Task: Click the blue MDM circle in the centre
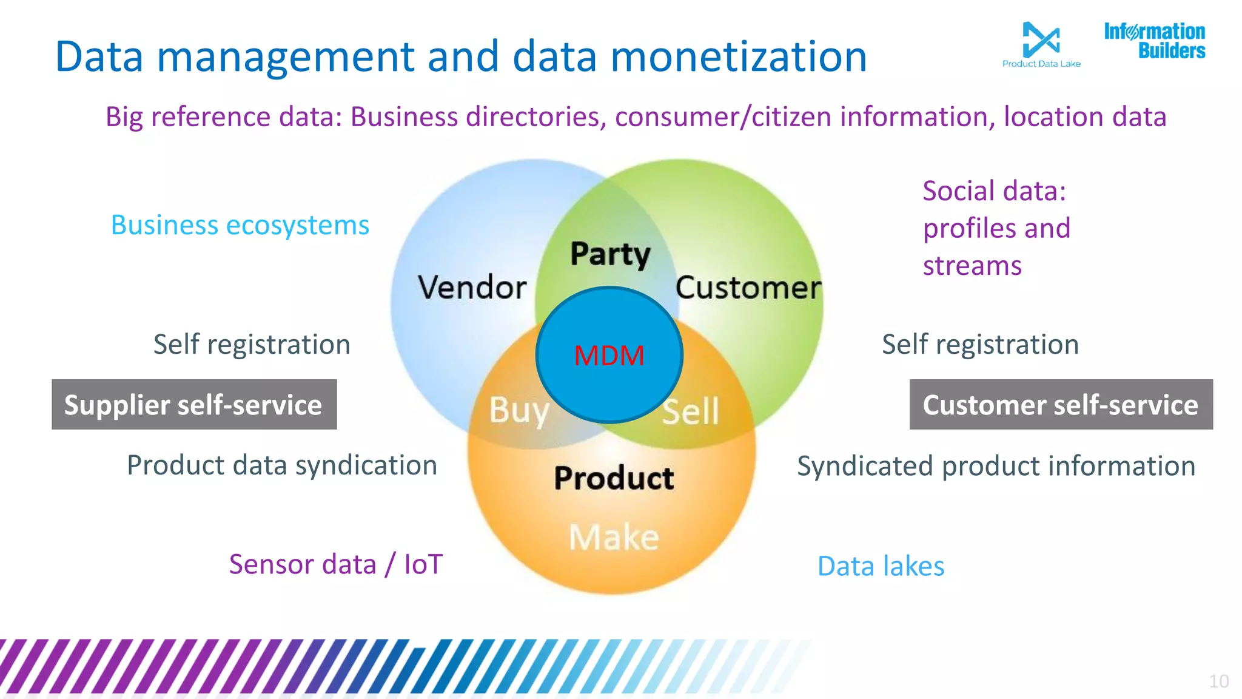(x=609, y=355)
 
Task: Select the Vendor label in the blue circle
(x=472, y=287)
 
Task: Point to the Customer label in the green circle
(x=748, y=287)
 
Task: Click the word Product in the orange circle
(x=614, y=478)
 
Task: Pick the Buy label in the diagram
(x=519, y=410)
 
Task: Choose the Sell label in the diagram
(x=690, y=411)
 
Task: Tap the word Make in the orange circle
(x=614, y=537)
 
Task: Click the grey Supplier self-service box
(x=194, y=405)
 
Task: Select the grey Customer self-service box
(x=1061, y=405)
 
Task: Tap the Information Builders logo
(x=1154, y=41)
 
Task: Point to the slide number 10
(x=1218, y=681)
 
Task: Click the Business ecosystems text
(x=240, y=225)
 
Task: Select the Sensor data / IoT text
(x=335, y=564)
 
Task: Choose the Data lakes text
(x=881, y=566)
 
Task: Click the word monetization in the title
(x=738, y=56)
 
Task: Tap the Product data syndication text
(x=282, y=465)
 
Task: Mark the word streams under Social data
(x=972, y=266)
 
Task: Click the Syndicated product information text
(x=996, y=466)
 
